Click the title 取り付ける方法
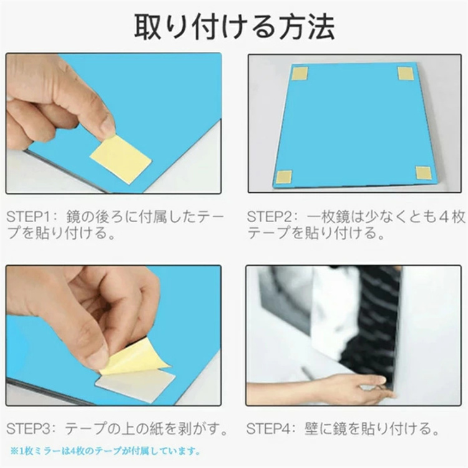click(x=235, y=27)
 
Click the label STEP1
click(x=27, y=217)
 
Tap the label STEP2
click(x=268, y=217)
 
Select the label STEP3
click(x=27, y=429)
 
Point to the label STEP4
click(x=268, y=429)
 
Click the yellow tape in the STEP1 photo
click(x=121, y=158)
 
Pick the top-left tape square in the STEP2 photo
click(x=300, y=74)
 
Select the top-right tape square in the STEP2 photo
click(x=406, y=74)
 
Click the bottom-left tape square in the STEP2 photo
click(x=284, y=177)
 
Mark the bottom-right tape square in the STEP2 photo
click(x=424, y=173)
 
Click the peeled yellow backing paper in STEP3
click(x=131, y=357)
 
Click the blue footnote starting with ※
click(x=105, y=451)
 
